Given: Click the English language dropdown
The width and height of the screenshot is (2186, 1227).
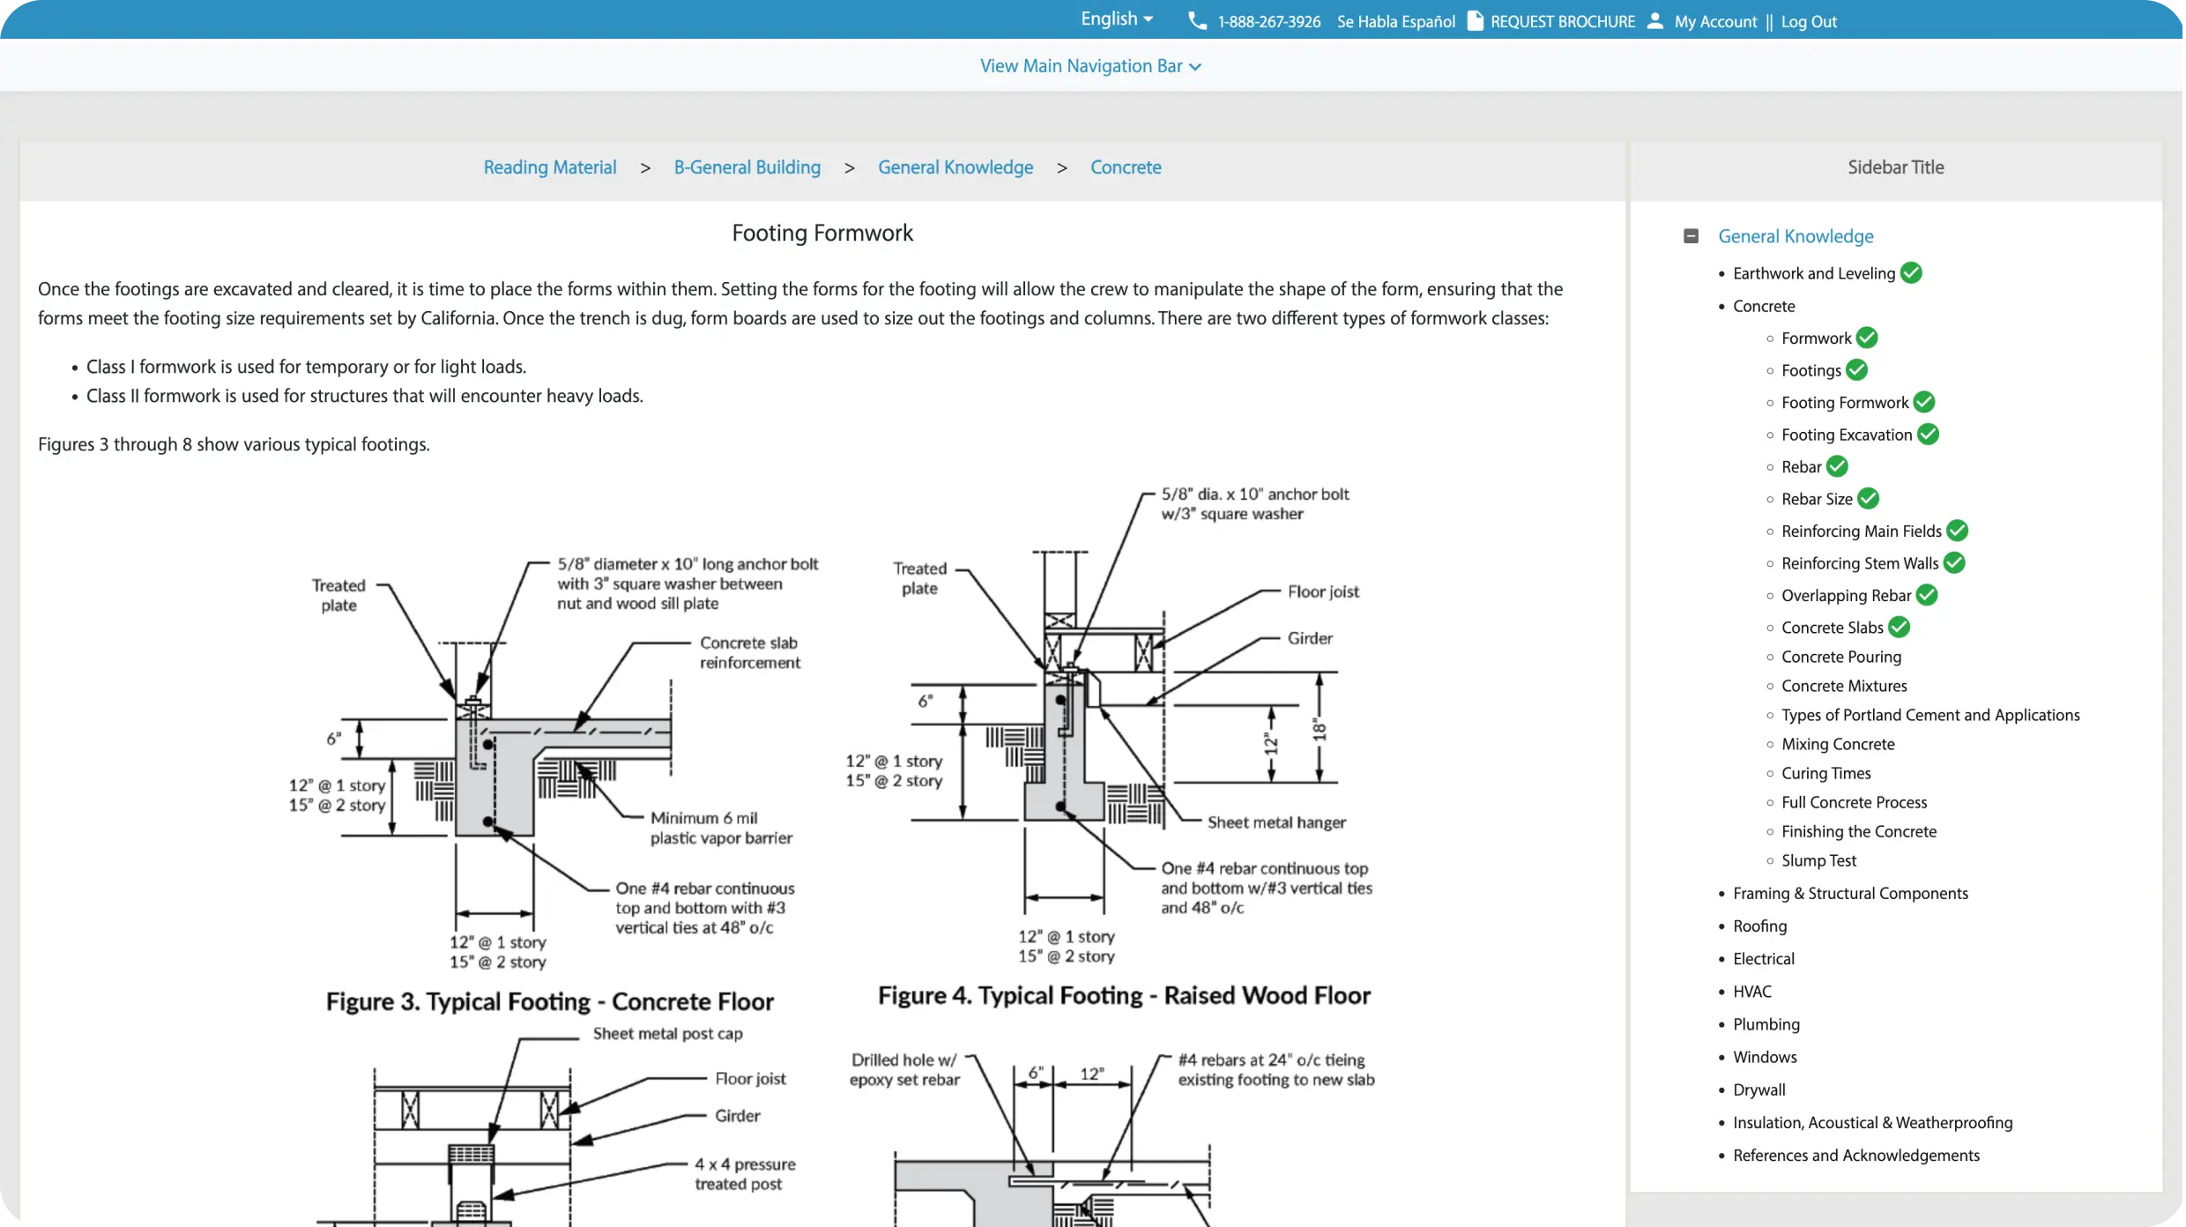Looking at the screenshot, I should click(1116, 19).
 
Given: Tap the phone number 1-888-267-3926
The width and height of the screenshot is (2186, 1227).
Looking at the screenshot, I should click(1268, 22).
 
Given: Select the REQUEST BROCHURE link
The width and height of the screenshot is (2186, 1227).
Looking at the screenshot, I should click(1561, 22).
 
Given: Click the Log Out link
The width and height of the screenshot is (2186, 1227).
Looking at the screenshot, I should click(1808, 22).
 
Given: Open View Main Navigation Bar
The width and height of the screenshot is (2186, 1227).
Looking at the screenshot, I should click(1090, 66).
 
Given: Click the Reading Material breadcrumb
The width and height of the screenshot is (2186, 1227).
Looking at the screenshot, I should click(549, 167).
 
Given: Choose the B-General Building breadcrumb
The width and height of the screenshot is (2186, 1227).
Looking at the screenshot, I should click(747, 167).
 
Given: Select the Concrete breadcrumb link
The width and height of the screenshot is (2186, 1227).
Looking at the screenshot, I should click(1125, 167).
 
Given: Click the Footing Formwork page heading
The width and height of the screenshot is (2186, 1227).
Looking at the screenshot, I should click(822, 233).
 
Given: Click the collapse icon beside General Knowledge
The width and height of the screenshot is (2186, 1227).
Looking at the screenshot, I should click(1690, 236).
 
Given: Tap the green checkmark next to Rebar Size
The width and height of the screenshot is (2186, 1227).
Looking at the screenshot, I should click(1868, 499).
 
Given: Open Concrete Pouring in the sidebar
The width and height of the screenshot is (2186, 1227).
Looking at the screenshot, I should click(1840, 657).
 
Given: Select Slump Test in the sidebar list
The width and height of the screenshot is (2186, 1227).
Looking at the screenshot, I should click(1818, 860).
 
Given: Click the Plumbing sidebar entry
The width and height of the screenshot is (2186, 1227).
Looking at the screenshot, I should click(1766, 1024).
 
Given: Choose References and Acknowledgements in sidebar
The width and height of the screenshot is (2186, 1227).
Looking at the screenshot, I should click(1855, 1156).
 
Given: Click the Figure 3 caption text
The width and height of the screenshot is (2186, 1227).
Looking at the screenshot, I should click(549, 1002).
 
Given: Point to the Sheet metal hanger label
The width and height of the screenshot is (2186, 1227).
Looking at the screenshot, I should click(1275, 822).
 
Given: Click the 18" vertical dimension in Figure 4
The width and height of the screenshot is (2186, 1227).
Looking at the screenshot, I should click(1319, 729).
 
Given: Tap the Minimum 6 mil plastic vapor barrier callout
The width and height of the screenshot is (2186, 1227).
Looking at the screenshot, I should click(720, 828).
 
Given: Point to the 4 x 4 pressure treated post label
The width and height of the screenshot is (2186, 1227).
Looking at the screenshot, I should click(744, 1174).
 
